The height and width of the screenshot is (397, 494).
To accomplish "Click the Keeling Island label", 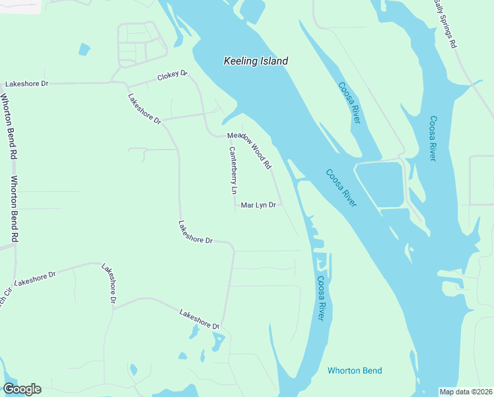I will (256, 61).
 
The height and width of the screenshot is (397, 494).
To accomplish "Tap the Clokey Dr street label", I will (173, 76).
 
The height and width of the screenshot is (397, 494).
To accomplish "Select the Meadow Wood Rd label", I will (249, 150).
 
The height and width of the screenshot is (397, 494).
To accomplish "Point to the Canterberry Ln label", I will (232, 169).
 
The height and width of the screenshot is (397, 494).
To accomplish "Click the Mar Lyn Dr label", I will (258, 206).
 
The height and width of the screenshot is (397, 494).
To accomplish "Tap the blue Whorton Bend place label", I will (355, 371).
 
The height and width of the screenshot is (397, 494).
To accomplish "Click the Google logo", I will (22, 388).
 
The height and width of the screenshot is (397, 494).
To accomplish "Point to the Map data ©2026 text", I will (466, 392).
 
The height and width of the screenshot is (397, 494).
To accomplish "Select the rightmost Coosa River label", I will (433, 138).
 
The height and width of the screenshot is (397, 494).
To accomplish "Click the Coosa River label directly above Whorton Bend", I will (320, 298).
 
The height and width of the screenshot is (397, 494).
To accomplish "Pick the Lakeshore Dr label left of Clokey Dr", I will (27, 84).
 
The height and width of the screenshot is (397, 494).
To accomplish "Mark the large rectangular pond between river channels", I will (379, 184).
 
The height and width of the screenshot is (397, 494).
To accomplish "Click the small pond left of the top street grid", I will (84, 49).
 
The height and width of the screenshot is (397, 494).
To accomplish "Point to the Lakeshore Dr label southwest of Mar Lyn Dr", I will (195, 232).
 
